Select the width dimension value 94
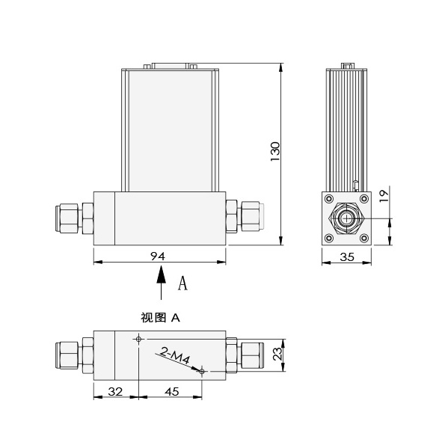click(158, 256)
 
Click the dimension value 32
click(116, 390)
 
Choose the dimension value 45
click(171, 390)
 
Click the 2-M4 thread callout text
click(175, 358)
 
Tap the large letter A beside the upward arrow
click(182, 284)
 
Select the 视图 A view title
click(160, 317)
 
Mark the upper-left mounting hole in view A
click(138, 339)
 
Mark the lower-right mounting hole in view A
click(203, 370)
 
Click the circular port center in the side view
click(346, 218)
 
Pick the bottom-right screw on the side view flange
click(363, 239)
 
